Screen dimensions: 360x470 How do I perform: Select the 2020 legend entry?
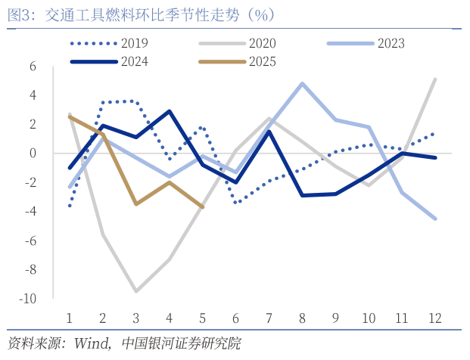[262, 43]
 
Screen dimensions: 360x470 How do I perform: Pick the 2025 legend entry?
[262, 62]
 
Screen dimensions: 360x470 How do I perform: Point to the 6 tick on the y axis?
[33, 67]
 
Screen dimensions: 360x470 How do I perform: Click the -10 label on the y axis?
[29, 299]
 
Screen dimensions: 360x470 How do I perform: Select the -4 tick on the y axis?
[31, 212]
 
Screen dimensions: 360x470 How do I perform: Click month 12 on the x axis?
[434, 318]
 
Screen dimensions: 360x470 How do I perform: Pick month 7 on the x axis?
[268, 318]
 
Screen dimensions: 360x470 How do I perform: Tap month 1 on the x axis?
[69, 318]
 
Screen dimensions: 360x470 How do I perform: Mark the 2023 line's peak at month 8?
[302, 83]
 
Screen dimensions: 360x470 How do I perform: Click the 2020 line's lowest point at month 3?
[135, 291]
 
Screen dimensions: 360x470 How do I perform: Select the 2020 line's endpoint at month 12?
[434, 79]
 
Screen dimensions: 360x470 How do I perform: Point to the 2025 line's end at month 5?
[202, 206]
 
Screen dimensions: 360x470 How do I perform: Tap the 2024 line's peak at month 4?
[169, 111]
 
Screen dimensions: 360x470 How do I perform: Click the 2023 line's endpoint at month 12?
[434, 219]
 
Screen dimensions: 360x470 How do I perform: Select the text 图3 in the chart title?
[19, 14]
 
